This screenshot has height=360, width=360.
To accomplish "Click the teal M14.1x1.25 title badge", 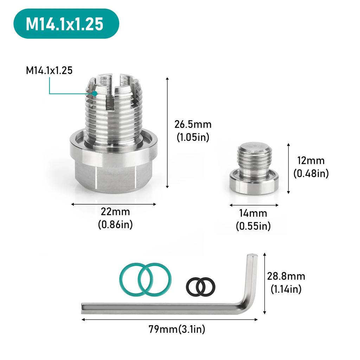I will pyautogui.click(x=66, y=24).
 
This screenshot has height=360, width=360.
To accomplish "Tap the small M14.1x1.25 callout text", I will pyautogui.click(x=49, y=70).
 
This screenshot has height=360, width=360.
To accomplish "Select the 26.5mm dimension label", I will pyautogui.click(x=193, y=124).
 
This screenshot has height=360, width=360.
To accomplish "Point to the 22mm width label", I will pyautogui.click(x=115, y=212).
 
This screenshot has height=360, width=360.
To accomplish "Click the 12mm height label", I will pyautogui.click(x=310, y=161).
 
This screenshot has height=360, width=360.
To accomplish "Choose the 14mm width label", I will pyautogui.click(x=253, y=213).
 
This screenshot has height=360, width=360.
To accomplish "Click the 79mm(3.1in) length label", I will pyautogui.click(x=177, y=329).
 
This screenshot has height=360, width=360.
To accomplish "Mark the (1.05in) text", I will pyautogui.click(x=193, y=137).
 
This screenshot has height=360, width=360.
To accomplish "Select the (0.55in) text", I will pyautogui.click(x=253, y=226).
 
